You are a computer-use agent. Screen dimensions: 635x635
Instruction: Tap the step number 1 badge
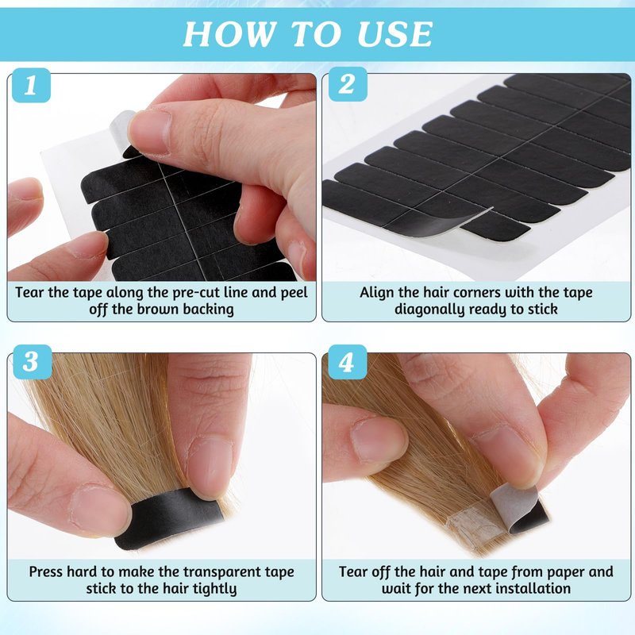coord(31,85)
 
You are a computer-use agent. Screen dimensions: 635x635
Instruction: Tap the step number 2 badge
coord(347,84)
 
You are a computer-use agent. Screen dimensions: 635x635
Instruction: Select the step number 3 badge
coord(32,362)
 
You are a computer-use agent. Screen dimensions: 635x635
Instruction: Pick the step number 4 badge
coord(347,362)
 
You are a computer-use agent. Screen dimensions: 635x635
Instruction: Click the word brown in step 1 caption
coord(158,309)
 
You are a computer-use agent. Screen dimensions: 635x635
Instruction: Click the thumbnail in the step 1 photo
coord(151,132)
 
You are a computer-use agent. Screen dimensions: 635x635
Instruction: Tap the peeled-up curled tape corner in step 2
coord(445,224)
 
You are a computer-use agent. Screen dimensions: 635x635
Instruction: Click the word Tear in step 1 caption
coord(30,292)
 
